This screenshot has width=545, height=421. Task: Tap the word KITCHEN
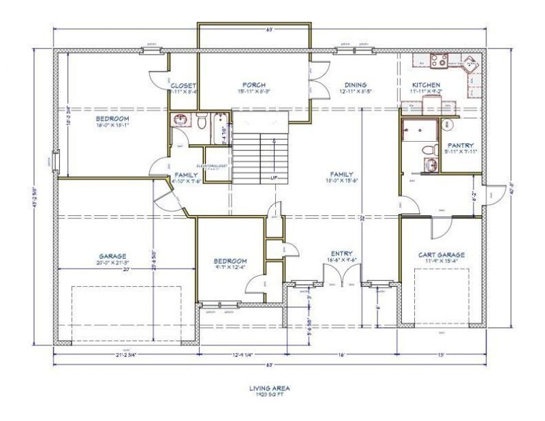pyautogui.click(x=426, y=85)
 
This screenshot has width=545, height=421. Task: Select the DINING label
pyautogui.click(x=356, y=85)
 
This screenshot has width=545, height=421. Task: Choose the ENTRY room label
pyautogui.click(x=341, y=252)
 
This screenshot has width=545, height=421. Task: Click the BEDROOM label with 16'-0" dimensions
pyautogui.click(x=112, y=119)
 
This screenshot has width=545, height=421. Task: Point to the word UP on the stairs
pyautogui.click(x=274, y=178)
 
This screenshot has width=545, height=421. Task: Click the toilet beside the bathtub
pyautogui.click(x=202, y=121)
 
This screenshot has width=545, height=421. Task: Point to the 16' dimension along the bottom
pyautogui.click(x=343, y=355)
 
